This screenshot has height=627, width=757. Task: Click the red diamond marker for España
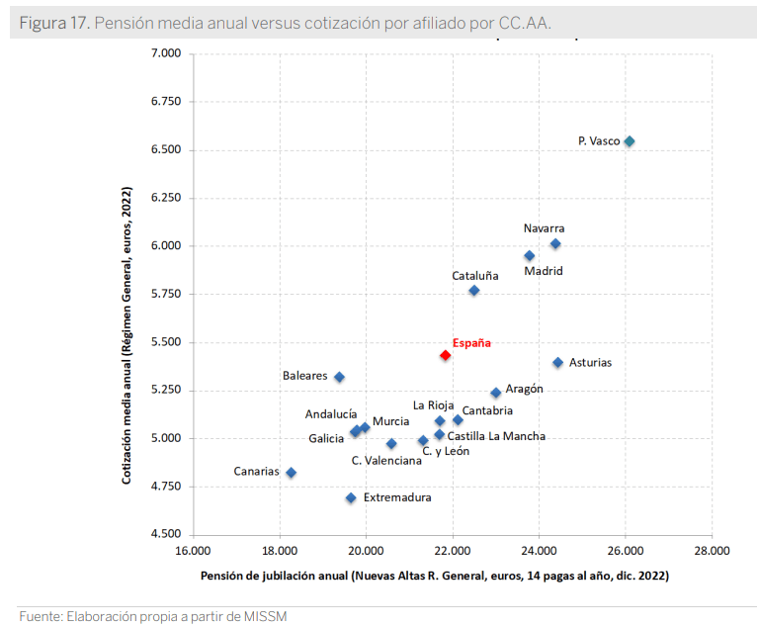(445, 355)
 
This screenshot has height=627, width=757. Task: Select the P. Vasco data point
(629, 141)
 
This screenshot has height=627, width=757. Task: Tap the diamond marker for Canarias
(291, 473)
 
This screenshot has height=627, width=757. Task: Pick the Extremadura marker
(351, 497)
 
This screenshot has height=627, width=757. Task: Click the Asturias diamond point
(557, 363)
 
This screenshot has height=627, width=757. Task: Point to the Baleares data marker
(339, 377)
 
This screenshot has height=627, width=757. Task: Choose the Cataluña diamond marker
(474, 291)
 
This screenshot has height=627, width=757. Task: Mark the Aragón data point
(496, 393)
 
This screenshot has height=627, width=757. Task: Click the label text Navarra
(545, 228)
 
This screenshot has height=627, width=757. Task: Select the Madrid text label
(544, 270)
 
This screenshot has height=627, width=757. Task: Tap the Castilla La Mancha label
(496, 435)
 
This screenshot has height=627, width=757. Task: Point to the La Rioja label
(433, 405)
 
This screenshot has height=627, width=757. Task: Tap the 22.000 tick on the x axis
(453, 552)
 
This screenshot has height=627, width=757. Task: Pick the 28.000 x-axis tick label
(712, 552)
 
